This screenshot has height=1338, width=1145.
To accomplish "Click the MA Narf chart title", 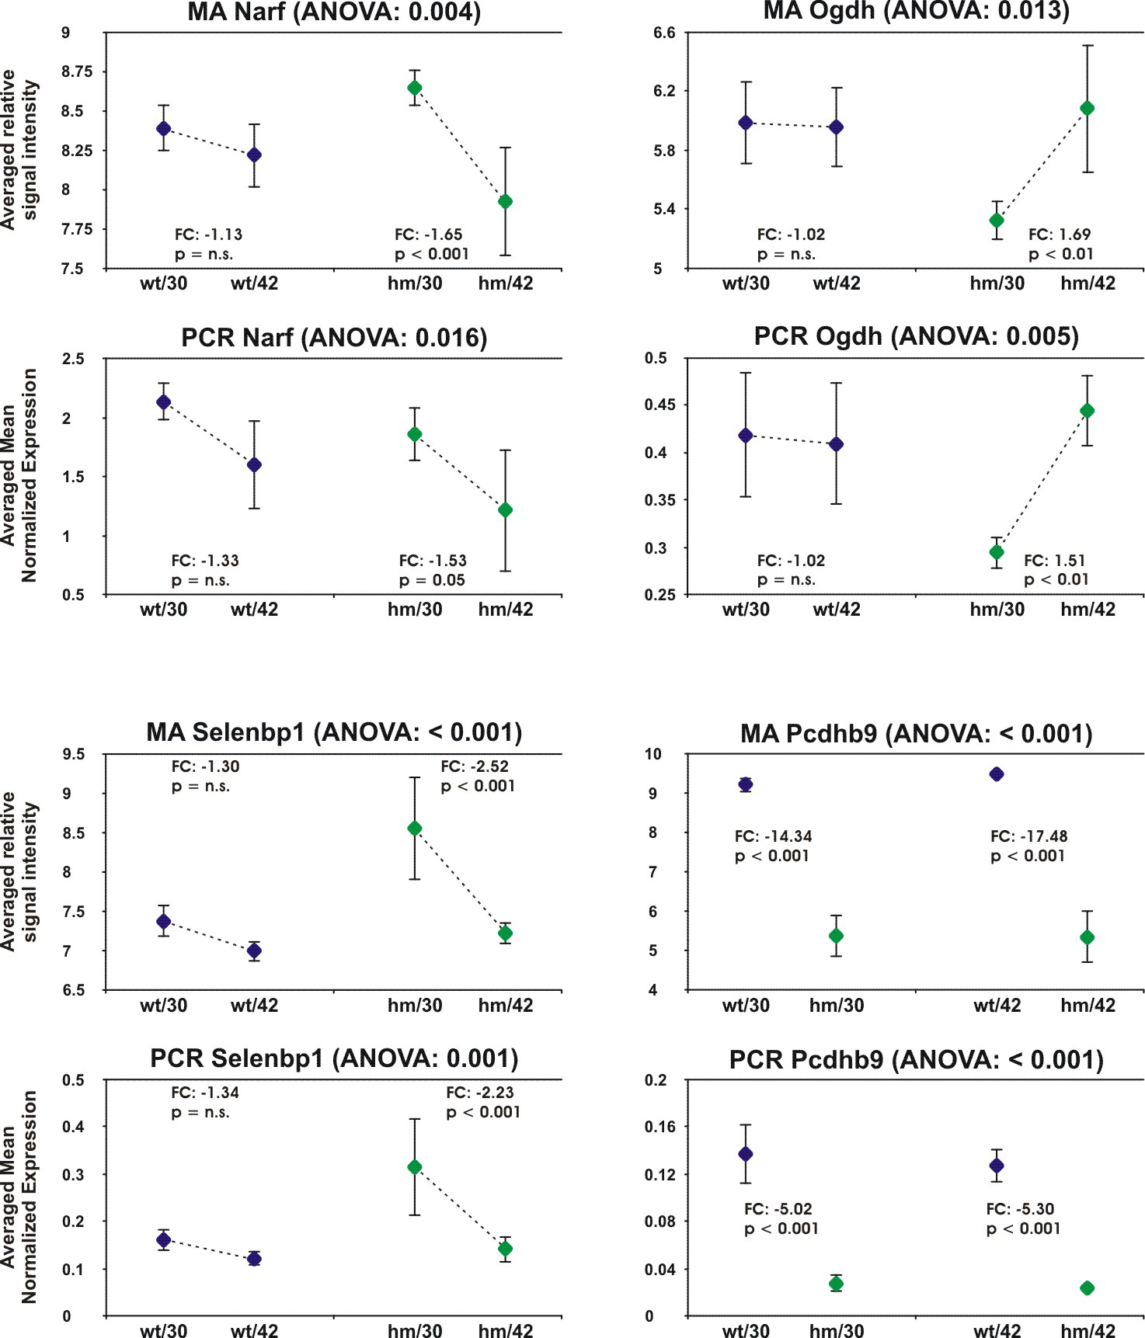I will [334, 12].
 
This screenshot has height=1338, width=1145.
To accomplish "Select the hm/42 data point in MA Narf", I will [505, 202].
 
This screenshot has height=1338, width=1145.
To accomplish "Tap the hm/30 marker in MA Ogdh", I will [997, 221].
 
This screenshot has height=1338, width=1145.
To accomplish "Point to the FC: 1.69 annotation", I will [1060, 235].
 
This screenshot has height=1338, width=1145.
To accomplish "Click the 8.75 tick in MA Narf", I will [77, 72].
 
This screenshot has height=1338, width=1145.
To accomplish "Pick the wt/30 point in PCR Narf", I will [164, 401].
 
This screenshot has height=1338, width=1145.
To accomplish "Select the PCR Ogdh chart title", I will [916, 336].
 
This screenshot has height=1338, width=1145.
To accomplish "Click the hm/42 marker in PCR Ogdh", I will [1088, 411].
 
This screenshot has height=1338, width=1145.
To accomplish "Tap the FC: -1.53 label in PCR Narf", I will [433, 561].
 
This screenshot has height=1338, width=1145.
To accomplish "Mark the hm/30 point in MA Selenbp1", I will [415, 829].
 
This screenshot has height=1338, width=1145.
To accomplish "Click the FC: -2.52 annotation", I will [475, 766].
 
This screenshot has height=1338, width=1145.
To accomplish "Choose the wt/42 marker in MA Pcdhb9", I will [997, 774].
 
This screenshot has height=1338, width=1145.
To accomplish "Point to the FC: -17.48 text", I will [1028, 836].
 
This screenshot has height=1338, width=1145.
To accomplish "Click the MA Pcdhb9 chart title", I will [916, 734].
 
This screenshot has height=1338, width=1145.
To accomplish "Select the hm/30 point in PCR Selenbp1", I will [415, 1167].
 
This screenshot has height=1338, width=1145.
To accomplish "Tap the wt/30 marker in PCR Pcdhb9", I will [746, 1154].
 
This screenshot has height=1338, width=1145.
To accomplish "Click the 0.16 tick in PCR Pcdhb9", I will [660, 1127].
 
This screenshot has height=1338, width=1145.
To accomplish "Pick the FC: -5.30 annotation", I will [1020, 1209].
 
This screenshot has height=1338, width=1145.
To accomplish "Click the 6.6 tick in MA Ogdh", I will [664, 33].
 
